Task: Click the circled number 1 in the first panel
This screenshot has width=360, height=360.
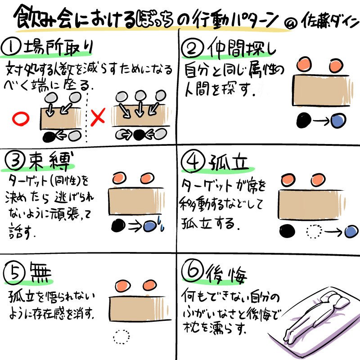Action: [10, 47]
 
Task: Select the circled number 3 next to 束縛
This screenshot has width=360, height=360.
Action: [14, 161]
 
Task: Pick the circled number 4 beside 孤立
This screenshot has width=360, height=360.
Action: [193, 161]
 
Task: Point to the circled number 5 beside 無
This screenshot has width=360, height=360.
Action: [14, 273]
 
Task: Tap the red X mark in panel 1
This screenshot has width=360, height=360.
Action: [98, 117]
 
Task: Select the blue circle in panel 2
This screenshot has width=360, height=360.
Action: [338, 121]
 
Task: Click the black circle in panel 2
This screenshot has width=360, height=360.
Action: [303, 120]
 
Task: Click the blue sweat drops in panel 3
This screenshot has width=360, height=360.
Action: [161, 223]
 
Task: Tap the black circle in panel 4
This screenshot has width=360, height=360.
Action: [287, 231]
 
